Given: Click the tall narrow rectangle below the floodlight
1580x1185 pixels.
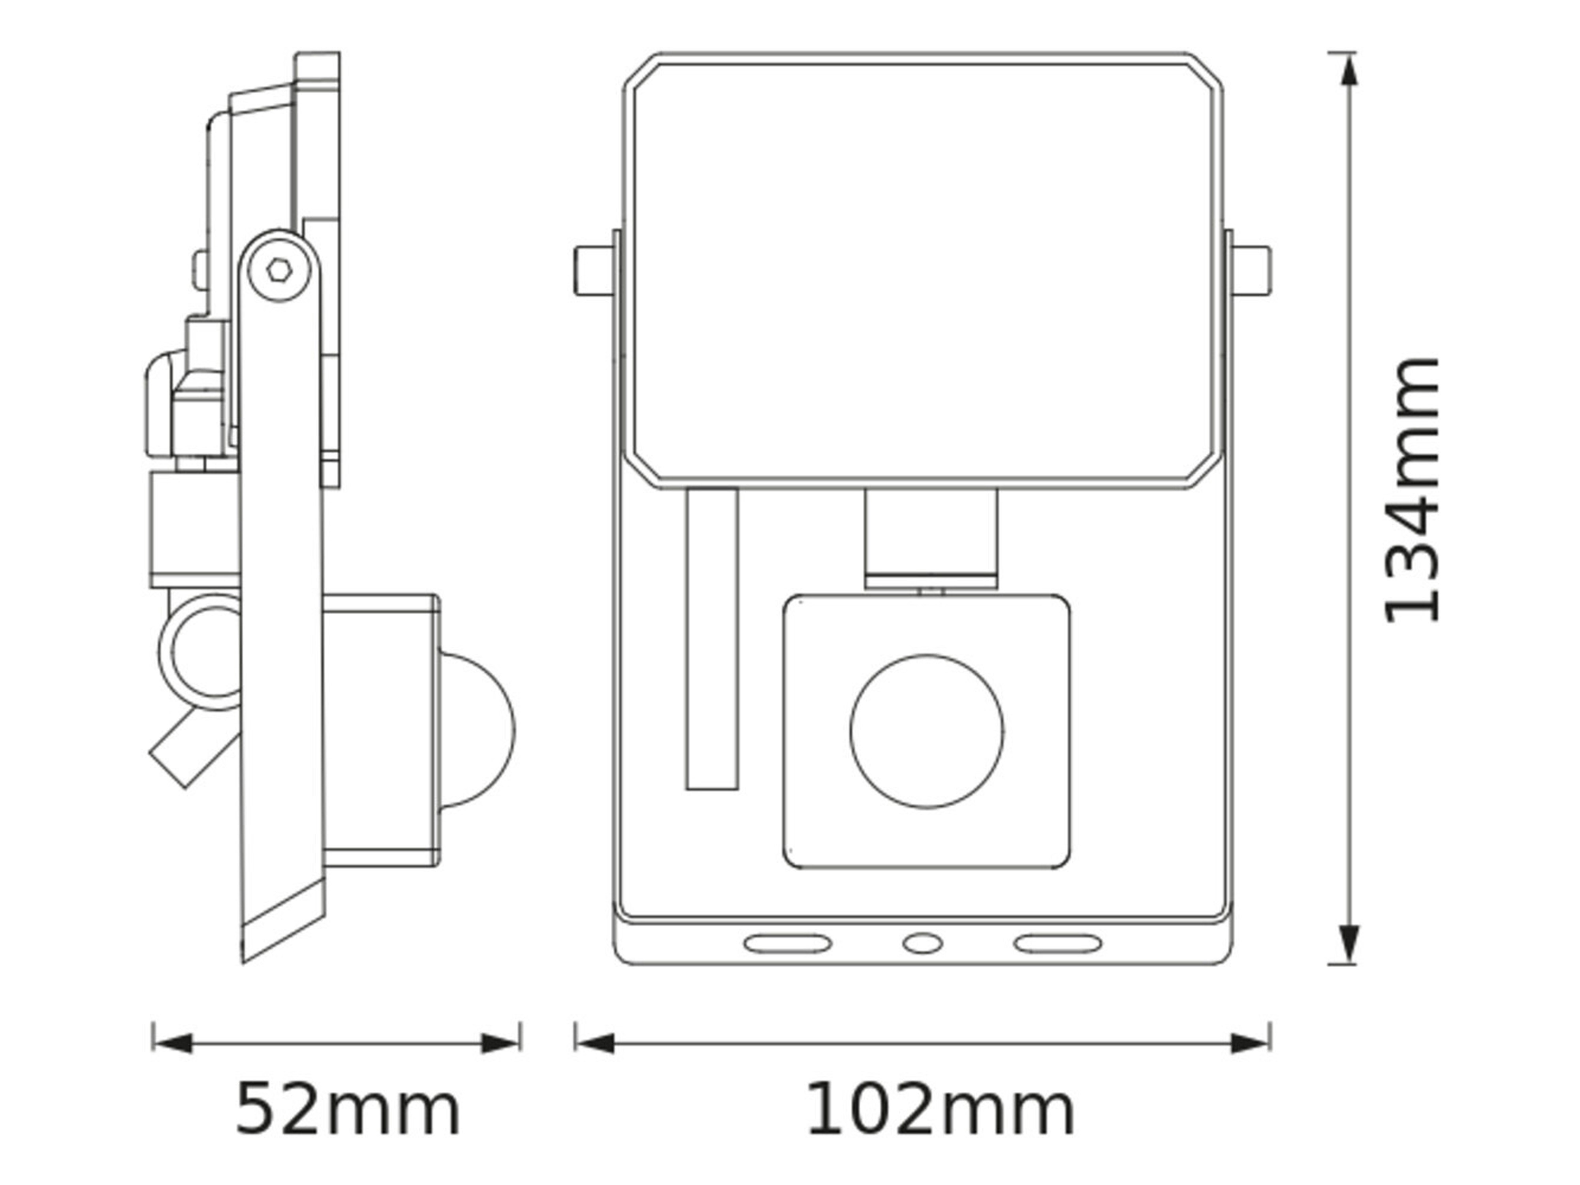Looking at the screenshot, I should (x=712, y=639).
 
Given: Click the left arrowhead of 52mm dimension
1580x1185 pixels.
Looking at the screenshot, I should (x=173, y=1044).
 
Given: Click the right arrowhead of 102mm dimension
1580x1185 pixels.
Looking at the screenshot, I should (x=1250, y=1044).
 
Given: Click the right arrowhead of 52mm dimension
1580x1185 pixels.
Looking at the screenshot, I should (x=500, y=1044).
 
